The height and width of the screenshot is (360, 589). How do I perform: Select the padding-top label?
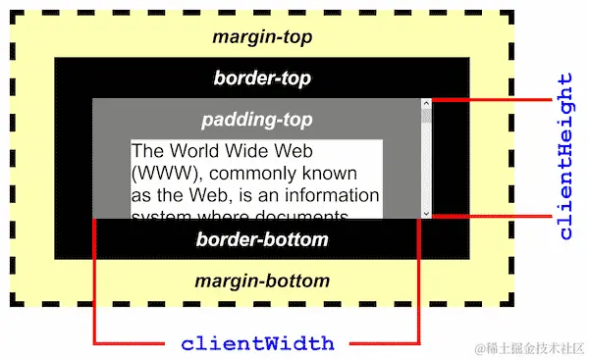tap(256, 120)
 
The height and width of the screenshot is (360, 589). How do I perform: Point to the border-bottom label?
tap(261, 239)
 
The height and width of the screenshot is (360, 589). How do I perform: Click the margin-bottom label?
tap(261, 282)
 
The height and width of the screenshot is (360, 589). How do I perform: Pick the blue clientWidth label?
tap(257, 344)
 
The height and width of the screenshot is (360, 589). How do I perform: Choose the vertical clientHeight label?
tap(565, 157)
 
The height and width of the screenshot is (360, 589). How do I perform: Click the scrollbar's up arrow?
tap(426, 103)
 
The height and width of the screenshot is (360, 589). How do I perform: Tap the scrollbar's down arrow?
tap(426, 212)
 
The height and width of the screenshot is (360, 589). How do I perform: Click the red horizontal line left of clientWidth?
tap(133, 344)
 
